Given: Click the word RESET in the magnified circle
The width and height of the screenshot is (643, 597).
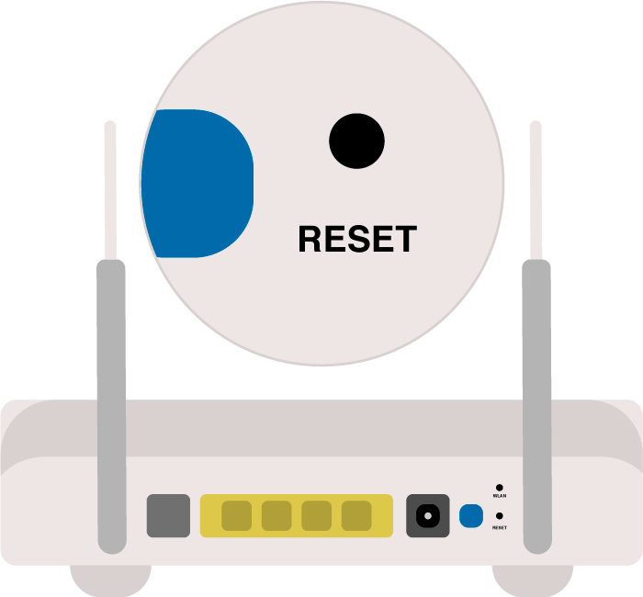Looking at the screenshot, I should tap(357, 240).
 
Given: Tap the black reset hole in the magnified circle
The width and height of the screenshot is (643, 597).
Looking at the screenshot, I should tap(356, 141).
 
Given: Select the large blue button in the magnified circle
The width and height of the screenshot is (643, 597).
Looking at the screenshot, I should tap(197, 184).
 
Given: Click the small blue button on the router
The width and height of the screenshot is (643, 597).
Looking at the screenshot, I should tap(470, 516).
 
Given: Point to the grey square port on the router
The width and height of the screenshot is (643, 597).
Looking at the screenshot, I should tap(168, 516).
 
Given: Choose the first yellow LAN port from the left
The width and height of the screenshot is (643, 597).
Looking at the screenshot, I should tap(236, 516).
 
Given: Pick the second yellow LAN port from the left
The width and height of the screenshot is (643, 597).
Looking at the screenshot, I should tap(276, 516).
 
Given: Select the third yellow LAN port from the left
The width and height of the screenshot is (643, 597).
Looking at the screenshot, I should tap(316, 516).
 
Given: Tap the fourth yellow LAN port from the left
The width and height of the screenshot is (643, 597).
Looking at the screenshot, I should tap(356, 516).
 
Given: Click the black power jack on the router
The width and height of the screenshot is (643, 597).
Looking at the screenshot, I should tap(428, 516).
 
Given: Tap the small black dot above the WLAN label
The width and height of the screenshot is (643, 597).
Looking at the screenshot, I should tap(500, 488).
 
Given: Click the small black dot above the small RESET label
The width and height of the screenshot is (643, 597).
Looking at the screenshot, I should tap(500, 517).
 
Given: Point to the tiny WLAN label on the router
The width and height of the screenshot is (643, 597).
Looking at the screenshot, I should tap(500, 497).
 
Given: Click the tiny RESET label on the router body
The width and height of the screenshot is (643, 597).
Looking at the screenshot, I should tap(500, 528).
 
